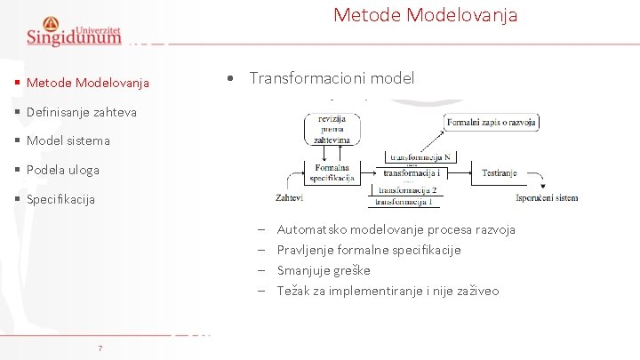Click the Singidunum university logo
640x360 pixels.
tap(74, 31)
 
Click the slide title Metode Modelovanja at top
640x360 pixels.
tap(425, 15)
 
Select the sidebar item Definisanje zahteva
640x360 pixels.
tap(81, 112)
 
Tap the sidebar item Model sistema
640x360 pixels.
tap(68, 140)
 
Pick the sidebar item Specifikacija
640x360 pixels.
tap(60, 199)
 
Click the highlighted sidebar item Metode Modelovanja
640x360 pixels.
tap(87, 84)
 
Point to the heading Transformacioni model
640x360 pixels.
tap(332, 78)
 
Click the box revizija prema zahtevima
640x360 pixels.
tap(332, 129)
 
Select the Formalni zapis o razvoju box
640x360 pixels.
tap(492, 121)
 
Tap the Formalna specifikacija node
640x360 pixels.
tap(332, 172)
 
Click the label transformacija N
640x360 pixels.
tap(421, 156)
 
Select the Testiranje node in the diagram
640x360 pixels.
tap(499, 173)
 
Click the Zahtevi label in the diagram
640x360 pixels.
tap(289, 197)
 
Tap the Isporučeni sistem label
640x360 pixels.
tap(547, 197)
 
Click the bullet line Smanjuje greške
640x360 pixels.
tap(324, 270)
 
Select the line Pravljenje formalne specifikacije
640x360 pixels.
tap(369, 250)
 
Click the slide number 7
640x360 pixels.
tap(100, 348)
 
